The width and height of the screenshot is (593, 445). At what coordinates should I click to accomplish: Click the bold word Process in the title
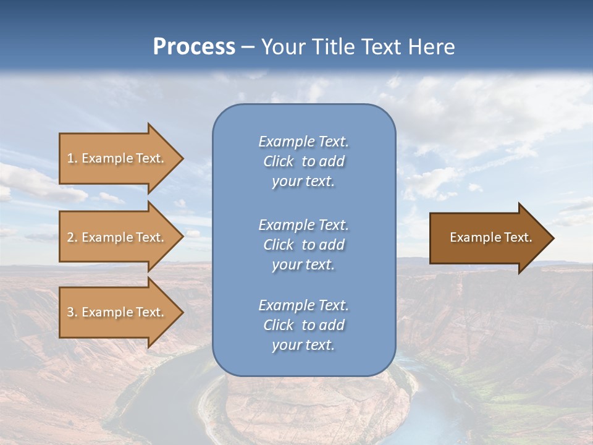(x=194, y=47)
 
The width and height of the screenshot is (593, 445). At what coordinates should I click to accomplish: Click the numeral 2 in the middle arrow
(x=70, y=237)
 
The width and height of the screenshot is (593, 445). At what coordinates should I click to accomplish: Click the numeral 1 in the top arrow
(x=70, y=158)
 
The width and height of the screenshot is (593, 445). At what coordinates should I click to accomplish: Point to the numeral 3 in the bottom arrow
(x=70, y=312)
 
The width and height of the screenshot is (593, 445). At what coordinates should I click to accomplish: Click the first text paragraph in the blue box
(x=303, y=161)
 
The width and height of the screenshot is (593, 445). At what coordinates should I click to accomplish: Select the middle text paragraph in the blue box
(x=303, y=245)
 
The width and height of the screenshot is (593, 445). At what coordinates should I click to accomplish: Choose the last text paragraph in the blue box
(x=303, y=325)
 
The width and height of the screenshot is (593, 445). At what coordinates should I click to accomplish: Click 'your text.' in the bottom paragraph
(x=303, y=345)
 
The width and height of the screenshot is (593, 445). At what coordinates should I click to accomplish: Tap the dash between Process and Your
(x=248, y=47)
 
